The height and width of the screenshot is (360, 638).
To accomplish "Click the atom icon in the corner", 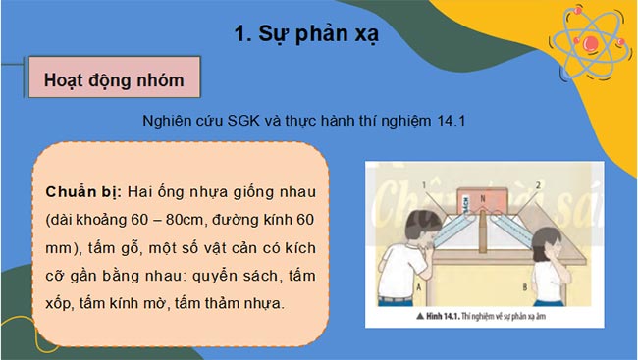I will [588, 41].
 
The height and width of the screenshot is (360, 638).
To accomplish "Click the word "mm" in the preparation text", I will [59, 247].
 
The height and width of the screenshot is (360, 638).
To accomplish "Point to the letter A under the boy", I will [391, 287].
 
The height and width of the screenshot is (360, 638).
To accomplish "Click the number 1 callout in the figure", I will [426, 182].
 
